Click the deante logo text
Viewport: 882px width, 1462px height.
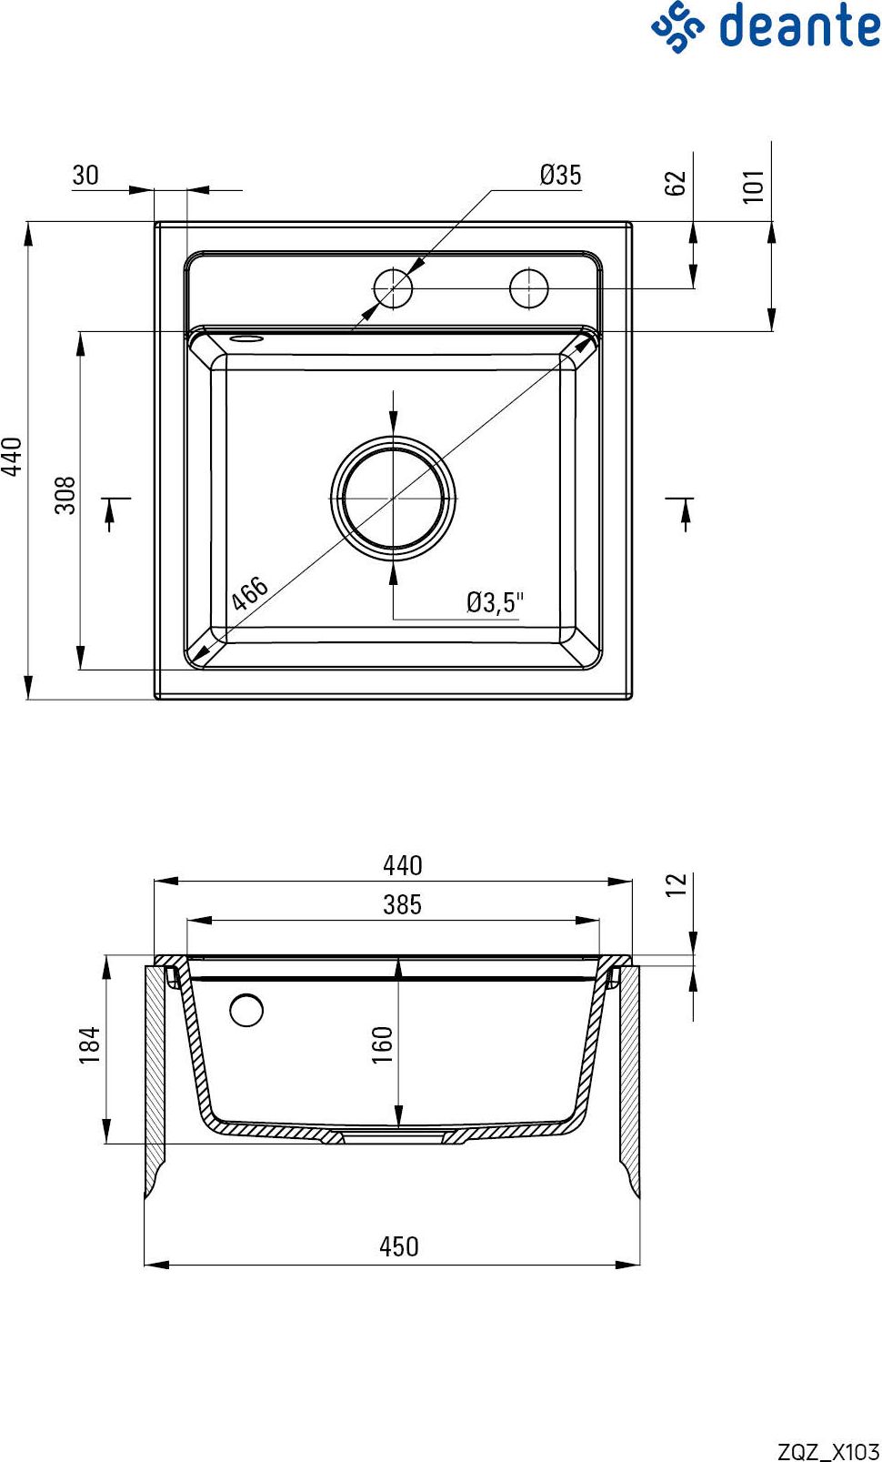(799, 26)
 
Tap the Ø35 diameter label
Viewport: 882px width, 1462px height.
(560, 175)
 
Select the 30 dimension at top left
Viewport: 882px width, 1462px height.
(85, 175)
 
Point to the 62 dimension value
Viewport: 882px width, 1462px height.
(676, 183)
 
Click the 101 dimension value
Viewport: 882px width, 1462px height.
(754, 186)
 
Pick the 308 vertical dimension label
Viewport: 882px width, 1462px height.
(65, 496)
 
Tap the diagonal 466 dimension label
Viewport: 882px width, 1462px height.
(250, 593)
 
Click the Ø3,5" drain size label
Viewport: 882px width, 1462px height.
(496, 602)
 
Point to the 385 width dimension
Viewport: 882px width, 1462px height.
(403, 904)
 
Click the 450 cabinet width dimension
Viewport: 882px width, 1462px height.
(399, 1246)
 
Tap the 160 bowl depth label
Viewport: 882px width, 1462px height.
(383, 1045)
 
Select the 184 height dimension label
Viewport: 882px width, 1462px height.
(90, 1045)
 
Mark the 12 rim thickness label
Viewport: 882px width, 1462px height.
(676, 884)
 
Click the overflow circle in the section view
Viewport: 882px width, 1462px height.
(246, 1010)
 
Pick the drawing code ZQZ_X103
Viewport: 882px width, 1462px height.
(828, 1451)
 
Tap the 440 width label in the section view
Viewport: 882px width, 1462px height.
(403, 865)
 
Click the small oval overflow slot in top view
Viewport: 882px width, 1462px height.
(246, 338)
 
